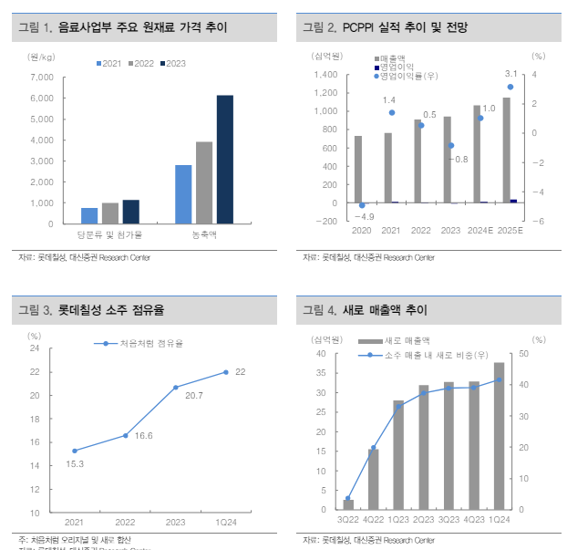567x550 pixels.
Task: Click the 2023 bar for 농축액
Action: click(224, 160)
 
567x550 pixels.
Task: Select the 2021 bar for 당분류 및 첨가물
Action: click(89, 215)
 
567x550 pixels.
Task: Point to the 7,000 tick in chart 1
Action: click(41, 77)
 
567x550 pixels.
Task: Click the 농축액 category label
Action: click(204, 236)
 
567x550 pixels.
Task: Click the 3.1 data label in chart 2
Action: click(510, 74)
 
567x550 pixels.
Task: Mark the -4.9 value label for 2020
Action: click(365, 216)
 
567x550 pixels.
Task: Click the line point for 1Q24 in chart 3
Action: click(226, 371)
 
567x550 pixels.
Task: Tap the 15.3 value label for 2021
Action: click(76, 464)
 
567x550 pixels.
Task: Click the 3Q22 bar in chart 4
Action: click(348, 504)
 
